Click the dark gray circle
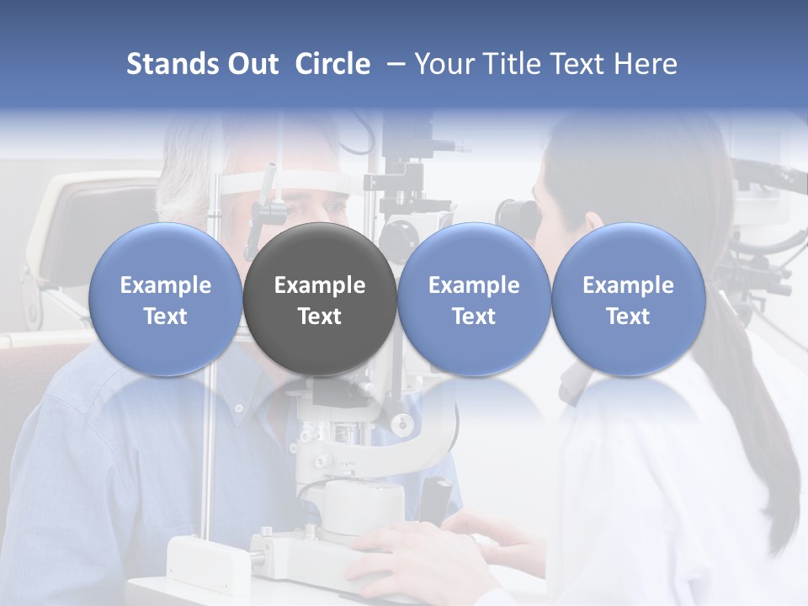[320, 300]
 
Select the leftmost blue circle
[166, 300]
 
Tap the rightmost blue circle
[628, 300]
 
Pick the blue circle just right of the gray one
[474, 300]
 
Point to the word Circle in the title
[332, 64]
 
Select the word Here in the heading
[646, 64]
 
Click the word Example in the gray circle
[320, 285]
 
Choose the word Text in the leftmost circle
[166, 316]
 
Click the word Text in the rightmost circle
[628, 316]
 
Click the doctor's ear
[593, 221]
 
